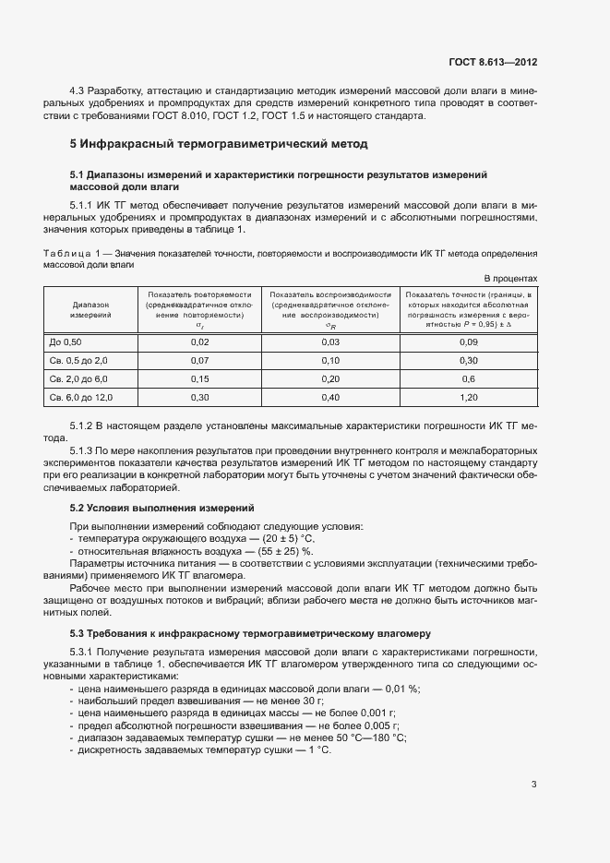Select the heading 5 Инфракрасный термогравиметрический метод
219,144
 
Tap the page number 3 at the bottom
534,760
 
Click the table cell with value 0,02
199,342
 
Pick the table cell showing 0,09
468,342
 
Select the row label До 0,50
66,342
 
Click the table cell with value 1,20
468,398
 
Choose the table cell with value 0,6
468,379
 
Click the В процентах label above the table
510,278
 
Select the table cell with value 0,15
199,379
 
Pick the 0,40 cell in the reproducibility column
330,398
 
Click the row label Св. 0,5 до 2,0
78,361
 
